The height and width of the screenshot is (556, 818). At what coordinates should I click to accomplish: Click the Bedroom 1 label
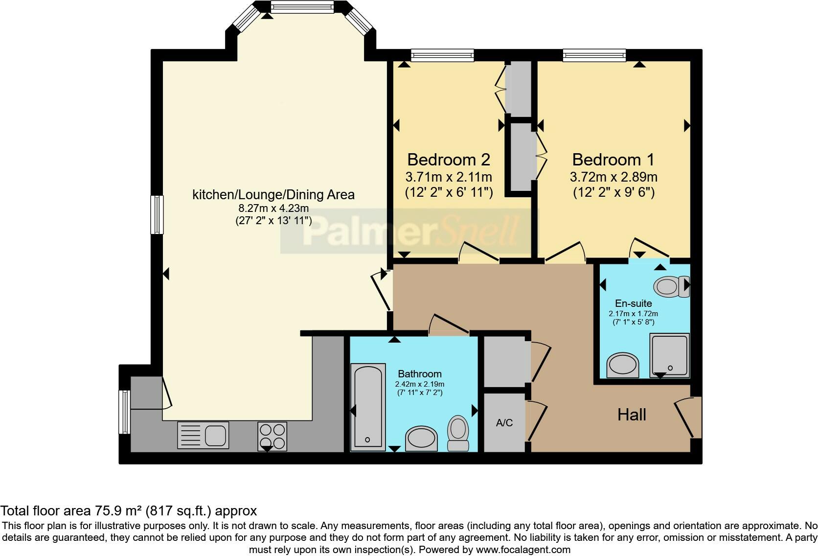pyautogui.click(x=613, y=160)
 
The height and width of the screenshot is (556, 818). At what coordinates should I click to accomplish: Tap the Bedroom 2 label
pyautogui.click(x=448, y=160)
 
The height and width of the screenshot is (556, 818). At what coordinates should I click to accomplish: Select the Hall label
pyautogui.click(x=632, y=415)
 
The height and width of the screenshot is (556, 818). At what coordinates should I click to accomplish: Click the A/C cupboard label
pyautogui.click(x=504, y=423)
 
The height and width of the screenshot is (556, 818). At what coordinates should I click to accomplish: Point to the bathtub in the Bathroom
pyautogui.click(x=367, y=406)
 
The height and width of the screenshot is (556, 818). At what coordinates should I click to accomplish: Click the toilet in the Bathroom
pyautogui.click(x=458, y=433)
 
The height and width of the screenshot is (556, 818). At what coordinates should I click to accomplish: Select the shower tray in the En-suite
pyautogui.click(x=669, y=355)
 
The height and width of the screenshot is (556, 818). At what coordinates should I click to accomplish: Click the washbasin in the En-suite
pyautogui.click(x=622, y=366)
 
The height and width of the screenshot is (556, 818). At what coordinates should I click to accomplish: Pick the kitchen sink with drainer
pyautogui.click(x=203, y=435)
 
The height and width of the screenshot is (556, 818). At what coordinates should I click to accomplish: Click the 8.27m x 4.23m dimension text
pyautogui.click(x=273, y=209)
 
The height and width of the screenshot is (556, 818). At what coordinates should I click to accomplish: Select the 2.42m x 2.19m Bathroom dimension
pyautogui.click(x=420, y=384)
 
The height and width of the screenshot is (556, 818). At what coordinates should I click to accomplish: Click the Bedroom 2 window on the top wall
pyautogui.click(x=442, y=55)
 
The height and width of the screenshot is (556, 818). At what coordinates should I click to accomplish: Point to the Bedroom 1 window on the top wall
pyautogui.click(x=594, y=55)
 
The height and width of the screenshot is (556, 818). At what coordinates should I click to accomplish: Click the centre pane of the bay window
pyautogui.click(x=302, y=7)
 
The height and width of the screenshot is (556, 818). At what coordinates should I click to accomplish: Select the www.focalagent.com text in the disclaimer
pyautogui.click(x=523, y=550)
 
